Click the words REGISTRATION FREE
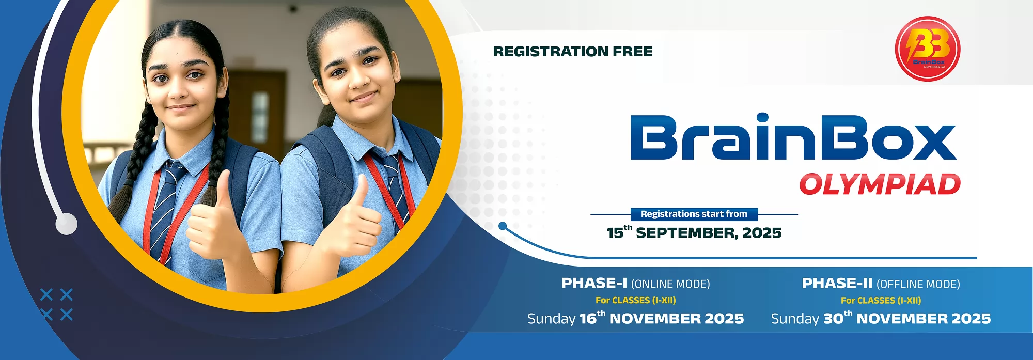573,52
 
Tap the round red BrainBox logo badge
928,49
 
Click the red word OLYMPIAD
880,184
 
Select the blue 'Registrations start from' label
694,214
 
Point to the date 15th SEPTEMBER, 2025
694,232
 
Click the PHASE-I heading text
594,283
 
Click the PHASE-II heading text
837,283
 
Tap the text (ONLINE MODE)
670,284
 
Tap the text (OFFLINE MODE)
918,284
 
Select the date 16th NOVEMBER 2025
662,318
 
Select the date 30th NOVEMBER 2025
907,318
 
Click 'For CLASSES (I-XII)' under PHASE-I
635,300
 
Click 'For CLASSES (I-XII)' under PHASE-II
881,300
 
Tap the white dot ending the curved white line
67,224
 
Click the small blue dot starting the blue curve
503,226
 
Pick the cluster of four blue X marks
56,305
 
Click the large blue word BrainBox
793,137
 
